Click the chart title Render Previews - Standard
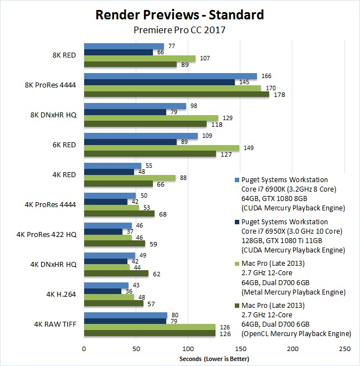(x=179, y=14)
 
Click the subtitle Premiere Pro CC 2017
(x=179, y=30)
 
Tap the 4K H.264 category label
(x=60, y=293)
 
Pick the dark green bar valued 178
(x=176, y=94)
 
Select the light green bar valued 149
(x=161, y=148)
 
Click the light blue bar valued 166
(x=170, y=76)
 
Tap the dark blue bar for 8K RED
(x=118, y=52)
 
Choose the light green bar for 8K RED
(x=140, y=58)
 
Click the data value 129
(x=227, y=118)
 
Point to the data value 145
(x=243, y=82)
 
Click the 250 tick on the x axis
(x=344, y=349)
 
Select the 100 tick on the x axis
(x=188, y=349)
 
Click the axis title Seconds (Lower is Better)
(x=214, y=359)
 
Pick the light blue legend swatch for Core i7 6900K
(x=237, y=180)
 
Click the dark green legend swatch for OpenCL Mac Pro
(x=237, y=305)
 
